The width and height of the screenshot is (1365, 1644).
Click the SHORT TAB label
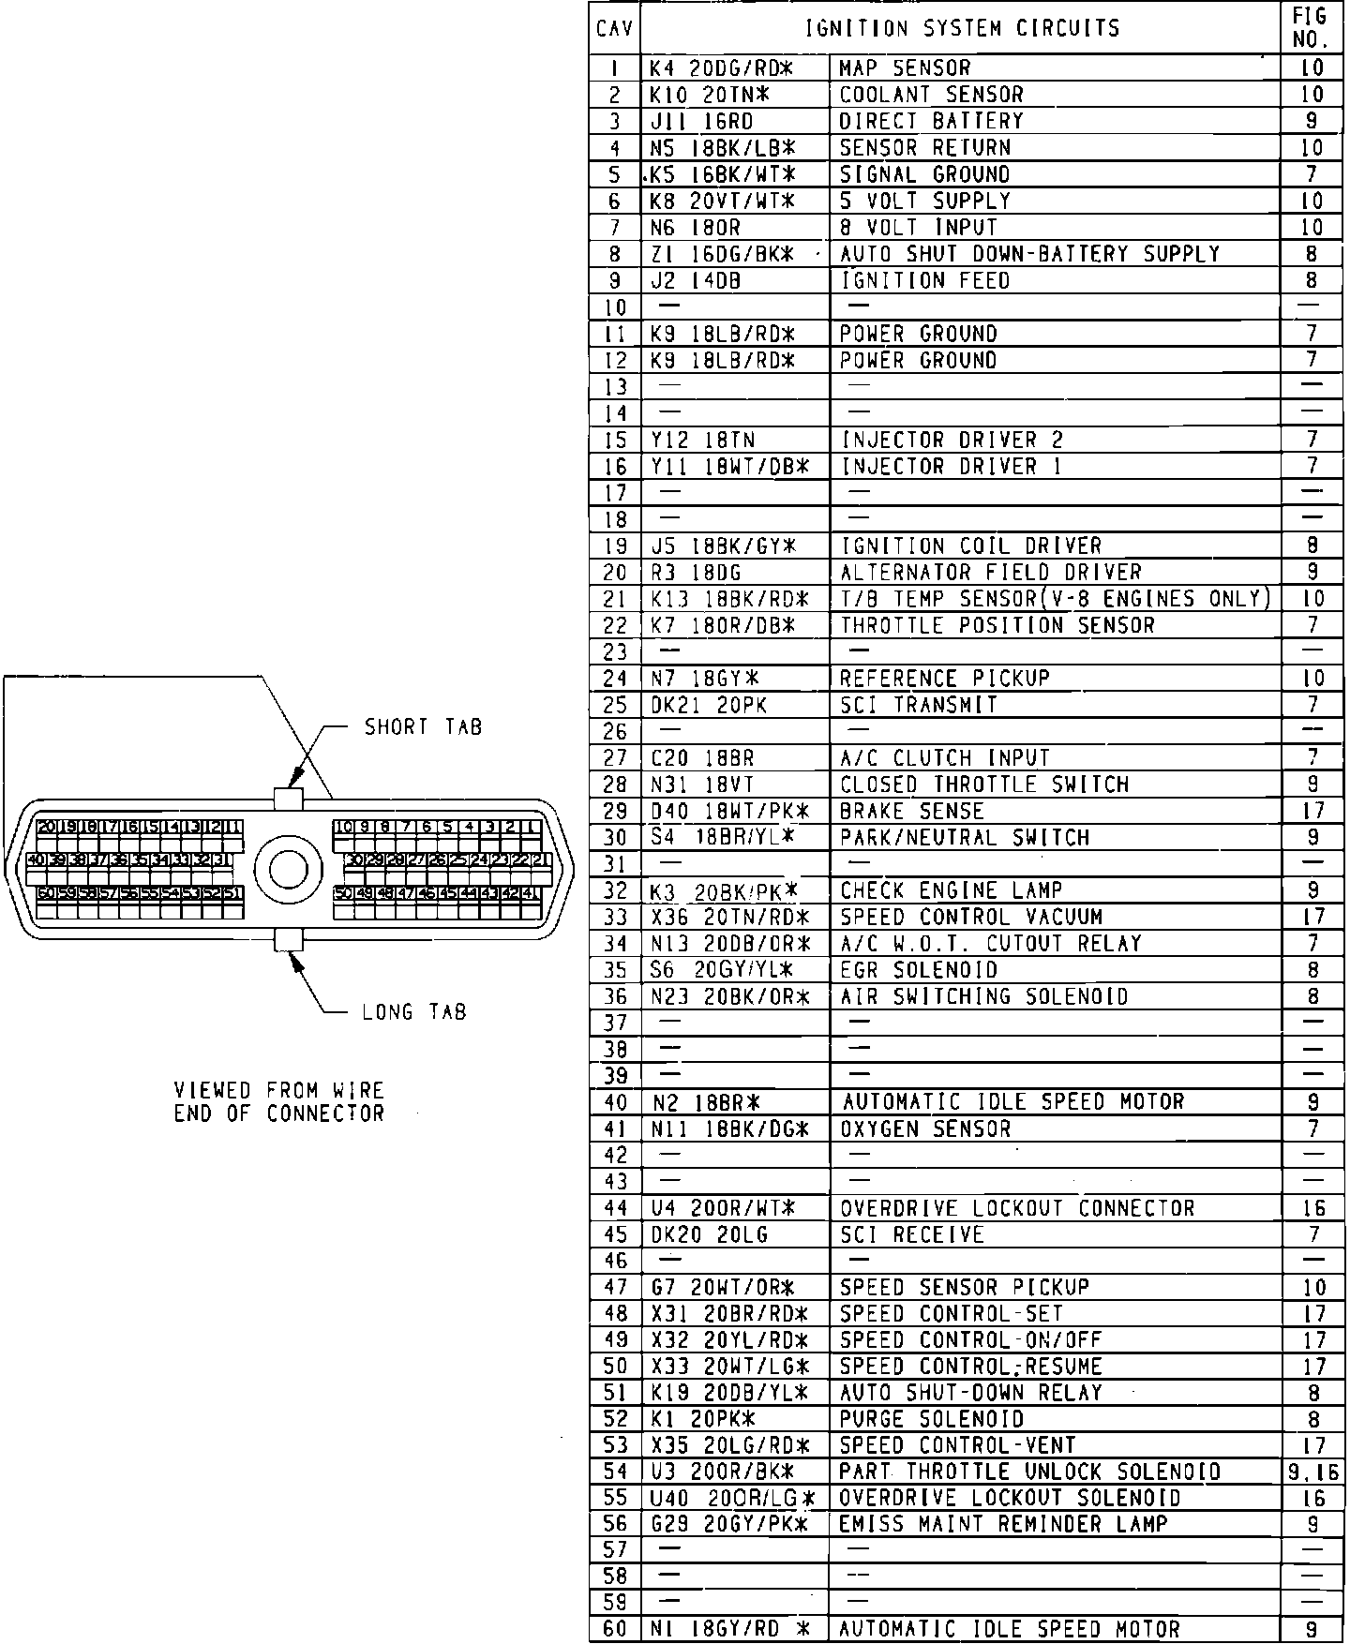pyautogui.click(x=423, y=727)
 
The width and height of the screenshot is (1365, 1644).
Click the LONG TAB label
pyautogui.click(x=413, y=1012)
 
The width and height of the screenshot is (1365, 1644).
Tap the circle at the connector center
pyautogui.click(x=288, y=869)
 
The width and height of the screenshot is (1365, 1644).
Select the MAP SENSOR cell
pyautogui.click(x=905, y=68)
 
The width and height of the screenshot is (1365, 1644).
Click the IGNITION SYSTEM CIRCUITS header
pyautogui.click(x=962, y=28)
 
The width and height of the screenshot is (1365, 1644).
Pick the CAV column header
pyautogui.click(x=614, y=29)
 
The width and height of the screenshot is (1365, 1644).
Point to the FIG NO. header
pyautogui.click(x=1311, y=28)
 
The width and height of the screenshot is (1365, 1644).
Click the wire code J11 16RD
pyautogui.click(x=702, y=122)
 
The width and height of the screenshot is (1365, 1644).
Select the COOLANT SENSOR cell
pyautogui.click(x=931, y=95)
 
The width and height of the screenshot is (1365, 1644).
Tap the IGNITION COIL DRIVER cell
pyautogui.click(x=970, y=546)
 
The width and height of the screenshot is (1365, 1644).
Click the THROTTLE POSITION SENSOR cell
pyautogui.click(x=997, y=625)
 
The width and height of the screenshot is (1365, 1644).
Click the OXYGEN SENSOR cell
pyautogui.click(x=924, y=1128)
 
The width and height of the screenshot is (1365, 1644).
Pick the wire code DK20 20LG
pyautogui.click(x=709, y=1235)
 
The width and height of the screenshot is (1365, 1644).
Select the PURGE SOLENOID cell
pyautogui.click(x=931, y=1419)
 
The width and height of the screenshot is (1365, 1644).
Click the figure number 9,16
pyautogui.click(x=1313, y=1472)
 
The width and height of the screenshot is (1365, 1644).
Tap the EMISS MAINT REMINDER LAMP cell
pyautogui.click(x=1003, y=1525)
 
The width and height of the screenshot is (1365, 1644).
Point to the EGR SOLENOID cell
pyautogui.click(x=918, y=970)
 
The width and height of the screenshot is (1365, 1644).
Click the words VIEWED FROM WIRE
pyautogui.click(x=279, y=1091)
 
